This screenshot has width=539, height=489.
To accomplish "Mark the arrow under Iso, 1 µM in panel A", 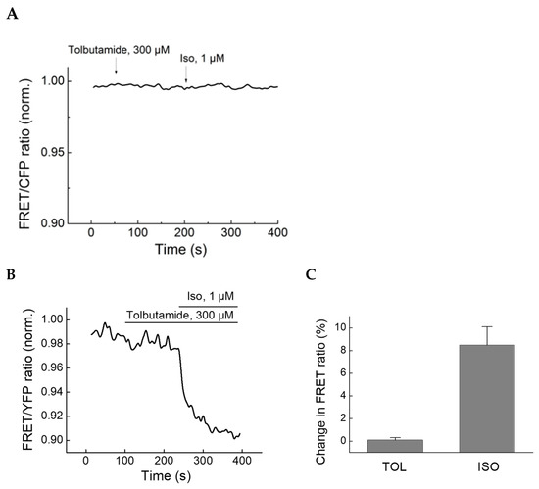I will (201, 72).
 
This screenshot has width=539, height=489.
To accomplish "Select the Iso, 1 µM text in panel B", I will (212, 295).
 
